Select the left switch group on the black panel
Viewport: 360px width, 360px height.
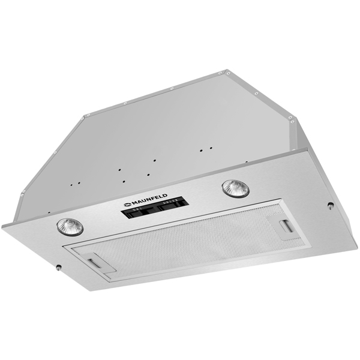[x=137, y=211]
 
